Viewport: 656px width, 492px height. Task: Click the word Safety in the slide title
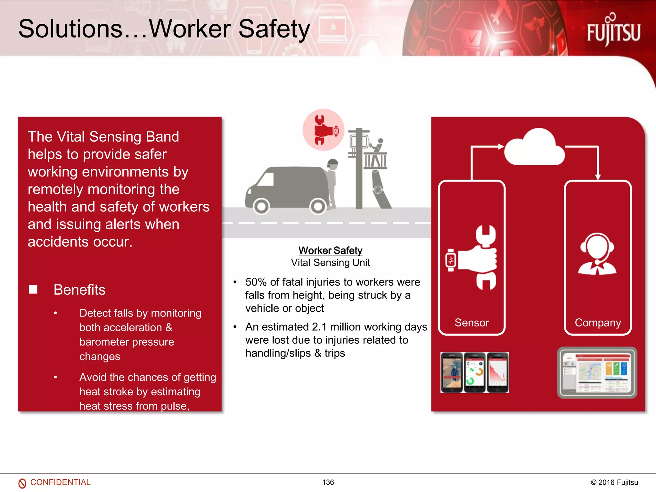coord(274,29)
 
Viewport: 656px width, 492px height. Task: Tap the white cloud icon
coord(534,148)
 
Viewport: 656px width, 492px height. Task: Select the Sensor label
coord(471,323)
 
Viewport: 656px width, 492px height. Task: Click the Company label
coord(598,323)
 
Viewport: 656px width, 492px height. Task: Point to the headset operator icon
coord(597,254)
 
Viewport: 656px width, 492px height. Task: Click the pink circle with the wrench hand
coord(323,130)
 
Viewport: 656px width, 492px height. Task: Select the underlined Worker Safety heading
coord(330,250)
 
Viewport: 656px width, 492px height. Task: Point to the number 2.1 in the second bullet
coord(319,327)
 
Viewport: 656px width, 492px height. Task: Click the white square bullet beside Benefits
coord(33,290)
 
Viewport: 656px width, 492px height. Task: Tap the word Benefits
coord(79,290)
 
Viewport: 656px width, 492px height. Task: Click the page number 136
coord(328,482)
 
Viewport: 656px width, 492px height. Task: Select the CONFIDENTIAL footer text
coord(60,482)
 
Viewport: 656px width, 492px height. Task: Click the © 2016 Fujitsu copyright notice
coord(614,482)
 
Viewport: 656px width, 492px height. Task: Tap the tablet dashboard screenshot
coord(597,373)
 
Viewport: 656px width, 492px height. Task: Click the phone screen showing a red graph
coord(497,373)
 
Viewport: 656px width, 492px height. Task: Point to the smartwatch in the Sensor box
coord(451,260)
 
